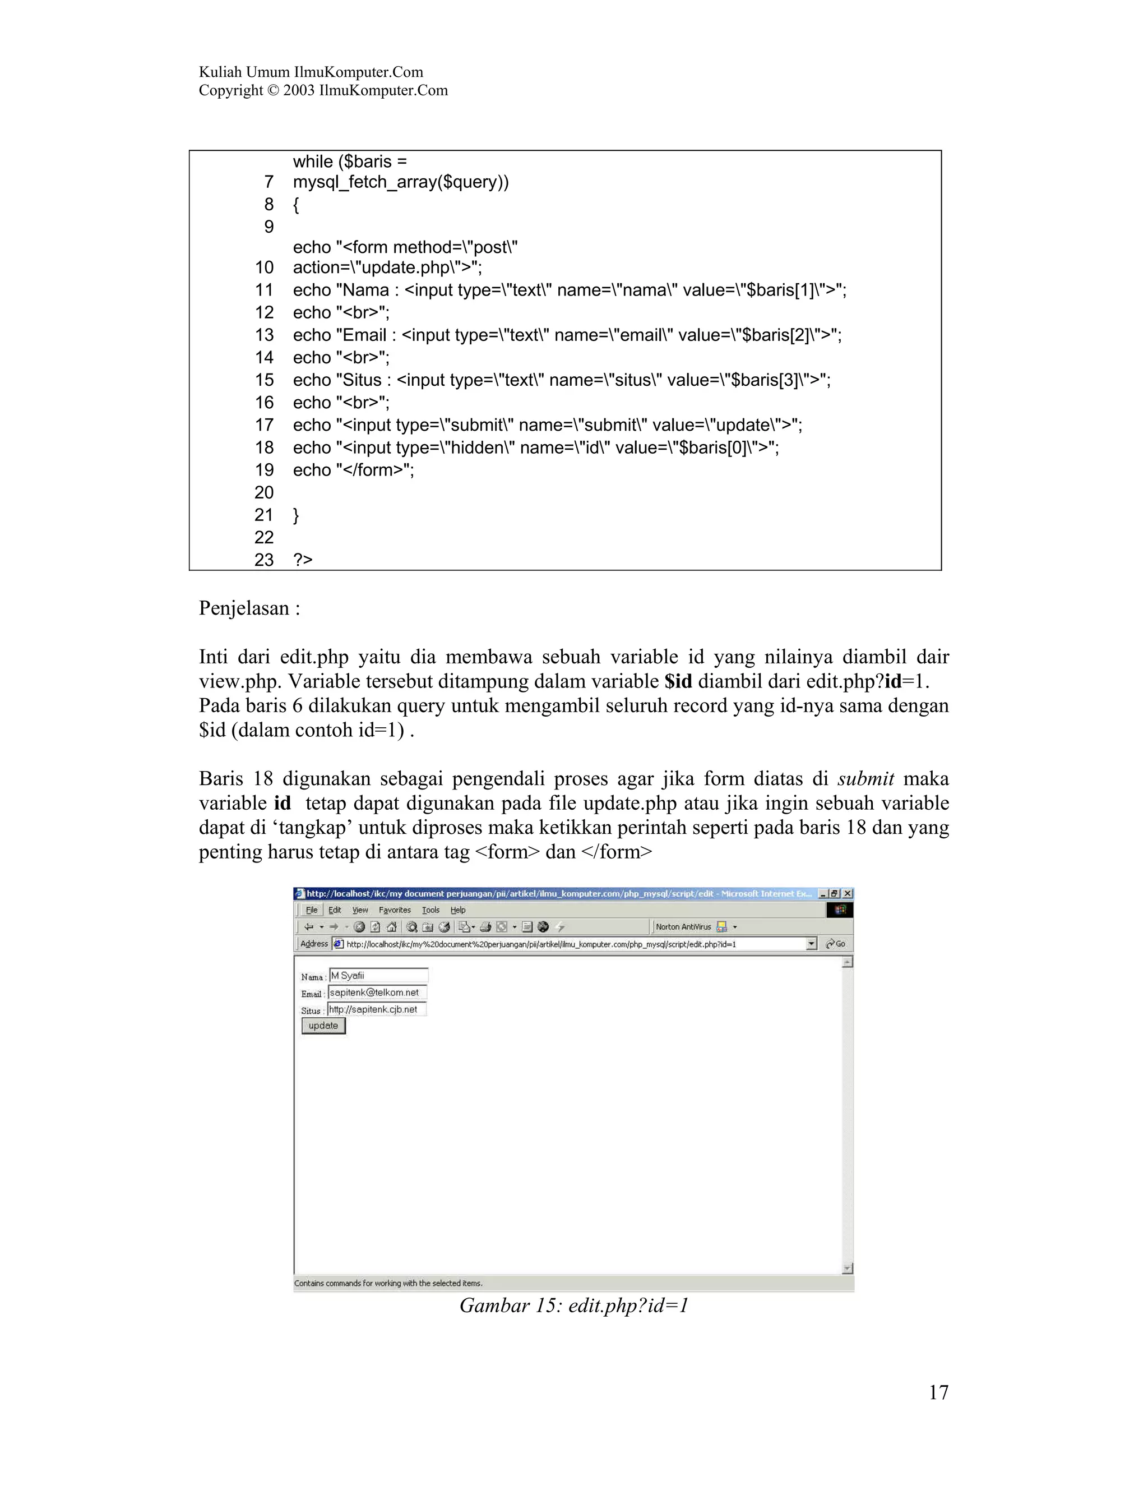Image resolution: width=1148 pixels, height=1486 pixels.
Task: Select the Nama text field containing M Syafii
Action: [378, 976]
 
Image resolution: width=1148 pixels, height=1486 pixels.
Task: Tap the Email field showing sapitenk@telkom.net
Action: [377, 993]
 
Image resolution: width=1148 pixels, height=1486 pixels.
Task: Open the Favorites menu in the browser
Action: [395, 910]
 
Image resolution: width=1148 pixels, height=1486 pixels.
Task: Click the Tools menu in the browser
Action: [430, 910]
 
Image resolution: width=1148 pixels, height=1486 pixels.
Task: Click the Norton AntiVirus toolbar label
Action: [683, 927]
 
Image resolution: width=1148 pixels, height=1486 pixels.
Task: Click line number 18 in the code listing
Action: [264, 447]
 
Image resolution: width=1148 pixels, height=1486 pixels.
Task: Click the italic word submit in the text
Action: [865, 778]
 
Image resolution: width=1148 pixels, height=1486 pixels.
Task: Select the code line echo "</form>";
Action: [353, 469]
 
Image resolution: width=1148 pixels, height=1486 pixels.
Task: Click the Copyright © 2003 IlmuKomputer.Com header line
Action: [323, 90]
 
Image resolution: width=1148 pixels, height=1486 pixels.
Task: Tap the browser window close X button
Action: [848, 893]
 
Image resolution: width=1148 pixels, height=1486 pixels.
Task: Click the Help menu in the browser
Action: [458, 910]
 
